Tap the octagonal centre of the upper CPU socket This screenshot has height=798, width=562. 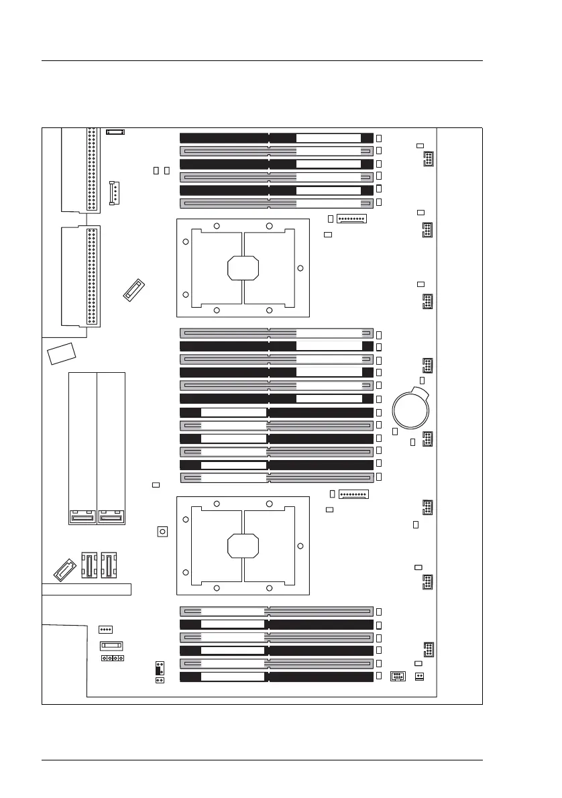[x=243, y=268]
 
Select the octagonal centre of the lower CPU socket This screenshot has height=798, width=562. [x=243, y=545]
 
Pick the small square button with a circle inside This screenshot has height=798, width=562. [x=161, y=532]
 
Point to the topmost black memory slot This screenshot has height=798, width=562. [x=276, y=137]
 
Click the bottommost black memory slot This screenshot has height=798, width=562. [x=276, y=677]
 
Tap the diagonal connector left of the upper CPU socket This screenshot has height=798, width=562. [x=135, y=290]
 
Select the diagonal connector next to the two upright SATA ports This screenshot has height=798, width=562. [x=64, y=569]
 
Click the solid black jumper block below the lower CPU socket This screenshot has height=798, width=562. [x=160, y=669]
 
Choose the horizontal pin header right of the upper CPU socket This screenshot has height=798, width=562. [x=351, y=219]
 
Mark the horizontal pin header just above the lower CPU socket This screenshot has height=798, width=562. [x=353, y=495]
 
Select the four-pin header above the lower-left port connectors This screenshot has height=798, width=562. [x=105, y=630]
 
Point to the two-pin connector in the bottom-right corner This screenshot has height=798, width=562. [x=419, y=676]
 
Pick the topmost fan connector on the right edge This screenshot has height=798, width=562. [x=427, y=160]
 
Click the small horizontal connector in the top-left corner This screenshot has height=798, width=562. [x=115, y=130]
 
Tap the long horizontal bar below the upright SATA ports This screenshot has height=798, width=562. [x=87, y=590]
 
